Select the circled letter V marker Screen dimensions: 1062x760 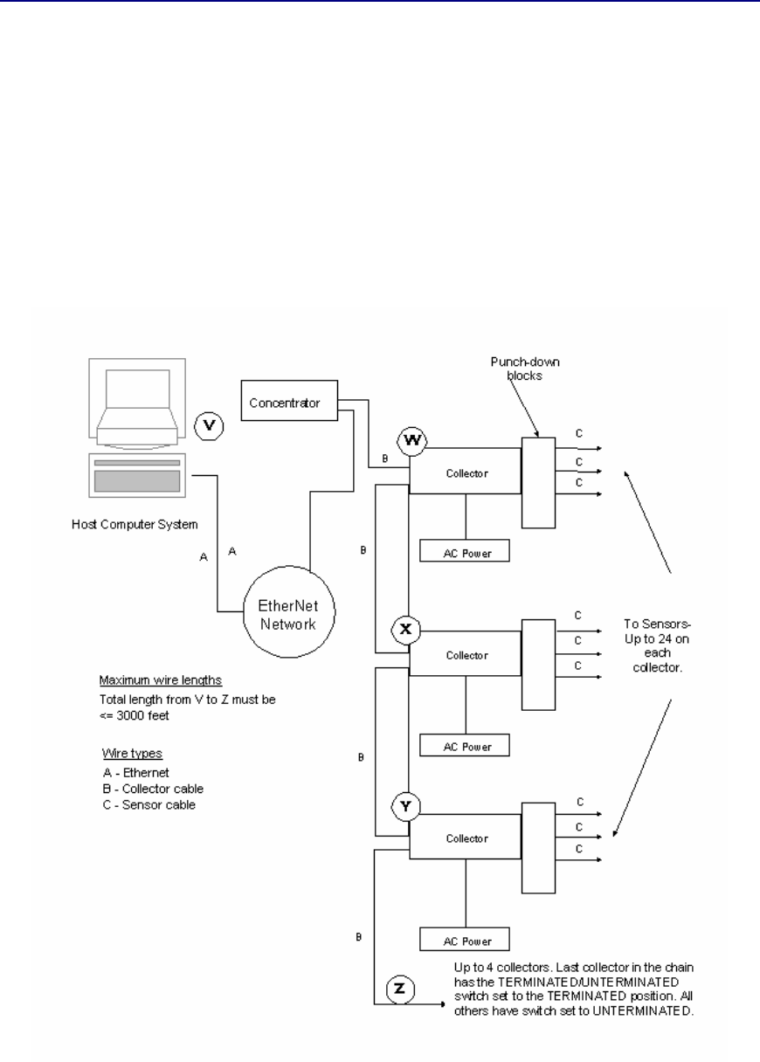coord(209,425)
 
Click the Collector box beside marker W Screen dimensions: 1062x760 coord(466,472)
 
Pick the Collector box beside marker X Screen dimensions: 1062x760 coord(466,655)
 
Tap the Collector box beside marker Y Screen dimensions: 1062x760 coord(466,838)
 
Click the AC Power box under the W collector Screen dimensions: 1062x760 coord(463,551)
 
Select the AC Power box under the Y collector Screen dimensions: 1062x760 coord(463,939)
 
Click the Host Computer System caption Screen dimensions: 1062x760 coord(135,525)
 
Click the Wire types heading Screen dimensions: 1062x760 coord(128,757)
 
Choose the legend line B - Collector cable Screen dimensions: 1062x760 coord(152,790)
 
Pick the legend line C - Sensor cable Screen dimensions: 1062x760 coord(149,804)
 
